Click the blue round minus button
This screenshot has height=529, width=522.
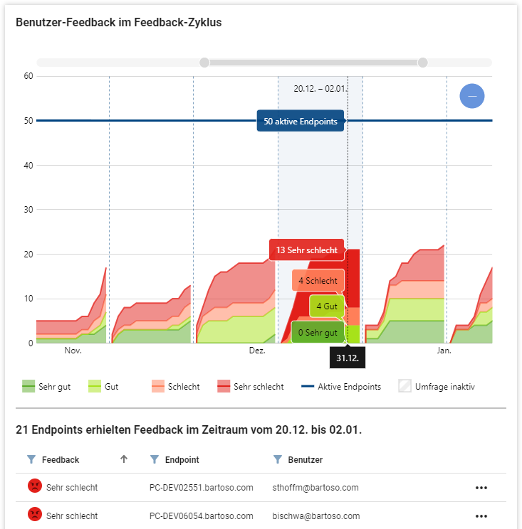pos(471,96)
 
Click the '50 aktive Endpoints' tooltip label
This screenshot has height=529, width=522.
pos(300,122)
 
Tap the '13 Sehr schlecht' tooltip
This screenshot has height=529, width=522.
pos(306,250)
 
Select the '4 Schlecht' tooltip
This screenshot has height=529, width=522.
pos(318,281)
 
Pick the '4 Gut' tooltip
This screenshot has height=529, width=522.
pos(327,306)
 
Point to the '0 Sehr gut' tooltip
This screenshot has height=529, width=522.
pos(317,332)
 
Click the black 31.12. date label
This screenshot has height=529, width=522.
pos(347,358)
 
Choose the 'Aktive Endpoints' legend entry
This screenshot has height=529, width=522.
pos(340,387)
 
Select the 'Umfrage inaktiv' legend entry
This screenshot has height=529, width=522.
pos(437,387)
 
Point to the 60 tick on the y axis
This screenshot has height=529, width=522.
pos(29,76)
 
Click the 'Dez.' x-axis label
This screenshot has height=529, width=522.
pos(257,351)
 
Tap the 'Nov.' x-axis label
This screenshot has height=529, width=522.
pos(73,351)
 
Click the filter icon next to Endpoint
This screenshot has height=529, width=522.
pos(154,460)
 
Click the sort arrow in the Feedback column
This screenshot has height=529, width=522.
pos(124,459)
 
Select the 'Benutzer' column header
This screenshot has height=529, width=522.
pos(305,460)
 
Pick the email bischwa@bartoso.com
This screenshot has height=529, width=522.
pos(315,515)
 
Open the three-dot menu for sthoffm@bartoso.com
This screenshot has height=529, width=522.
pos(481,488)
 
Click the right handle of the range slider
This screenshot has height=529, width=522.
pos(422,63)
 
